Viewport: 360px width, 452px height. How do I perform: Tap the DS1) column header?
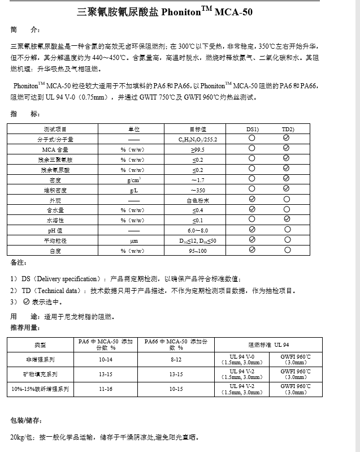click(x=252, y=130)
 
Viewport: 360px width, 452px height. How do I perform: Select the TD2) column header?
click(x=288, y=130)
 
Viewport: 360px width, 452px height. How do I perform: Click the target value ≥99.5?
click(x=198, y=149)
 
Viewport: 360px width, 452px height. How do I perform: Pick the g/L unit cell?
click(x=134, y=190)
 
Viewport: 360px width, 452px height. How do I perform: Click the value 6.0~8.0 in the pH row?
click(x=198, y=231)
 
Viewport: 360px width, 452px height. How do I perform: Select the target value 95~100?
click(x=198, y=251)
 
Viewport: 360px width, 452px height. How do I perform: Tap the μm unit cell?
click(x=134, y=240)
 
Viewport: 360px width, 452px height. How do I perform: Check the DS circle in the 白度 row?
click(x=252, y=249)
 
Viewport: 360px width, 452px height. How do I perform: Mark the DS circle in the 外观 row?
click(x=252, y=199)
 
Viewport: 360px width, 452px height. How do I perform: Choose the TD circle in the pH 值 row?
click(x=287, y=230)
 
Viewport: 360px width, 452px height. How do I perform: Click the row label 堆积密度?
click(x=54, y=190)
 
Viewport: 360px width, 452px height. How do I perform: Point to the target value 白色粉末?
click(x=198, y=200)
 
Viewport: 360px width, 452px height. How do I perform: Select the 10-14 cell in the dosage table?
click(x=105, y=359)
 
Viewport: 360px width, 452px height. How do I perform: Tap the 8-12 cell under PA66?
click(x=176, y=359)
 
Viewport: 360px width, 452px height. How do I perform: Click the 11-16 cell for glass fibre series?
click(x=105, y=390)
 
